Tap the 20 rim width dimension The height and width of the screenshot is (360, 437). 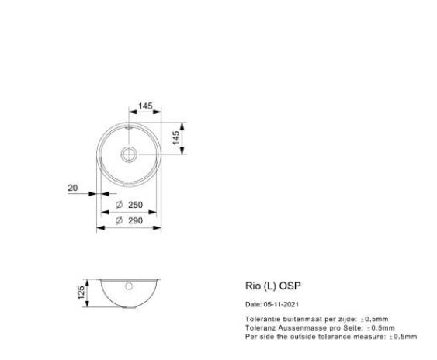click(72, 188)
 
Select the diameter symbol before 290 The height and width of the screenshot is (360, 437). click(119, 220)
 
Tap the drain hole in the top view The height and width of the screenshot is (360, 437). click(130, 152)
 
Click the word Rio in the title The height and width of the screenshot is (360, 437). click(251, 286)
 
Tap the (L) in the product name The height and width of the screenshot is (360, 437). click(269, 286)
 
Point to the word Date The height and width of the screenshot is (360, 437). click(252, 304)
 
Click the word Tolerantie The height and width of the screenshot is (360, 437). click(261, 319)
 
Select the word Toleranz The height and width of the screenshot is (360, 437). click(259, 327)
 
